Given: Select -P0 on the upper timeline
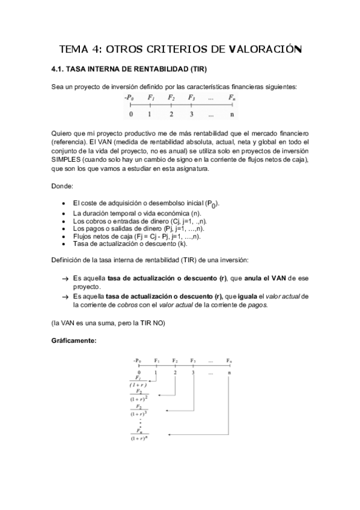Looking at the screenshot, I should (x=129, y=97).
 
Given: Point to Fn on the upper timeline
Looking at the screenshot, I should (x=232, y=97).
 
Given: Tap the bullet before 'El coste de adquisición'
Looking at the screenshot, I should (x=64, y=204).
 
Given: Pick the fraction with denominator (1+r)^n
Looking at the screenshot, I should (x=141, y=434).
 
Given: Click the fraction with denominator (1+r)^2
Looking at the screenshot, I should (x=141, y=395).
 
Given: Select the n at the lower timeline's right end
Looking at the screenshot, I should (x=229, y=372).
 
